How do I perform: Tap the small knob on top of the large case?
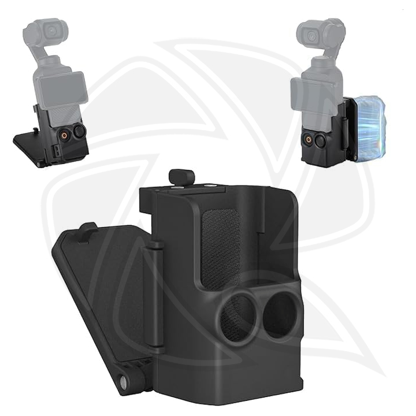(180, 177)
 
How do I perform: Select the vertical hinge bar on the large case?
(155, 295)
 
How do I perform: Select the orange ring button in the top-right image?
(307, 140)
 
